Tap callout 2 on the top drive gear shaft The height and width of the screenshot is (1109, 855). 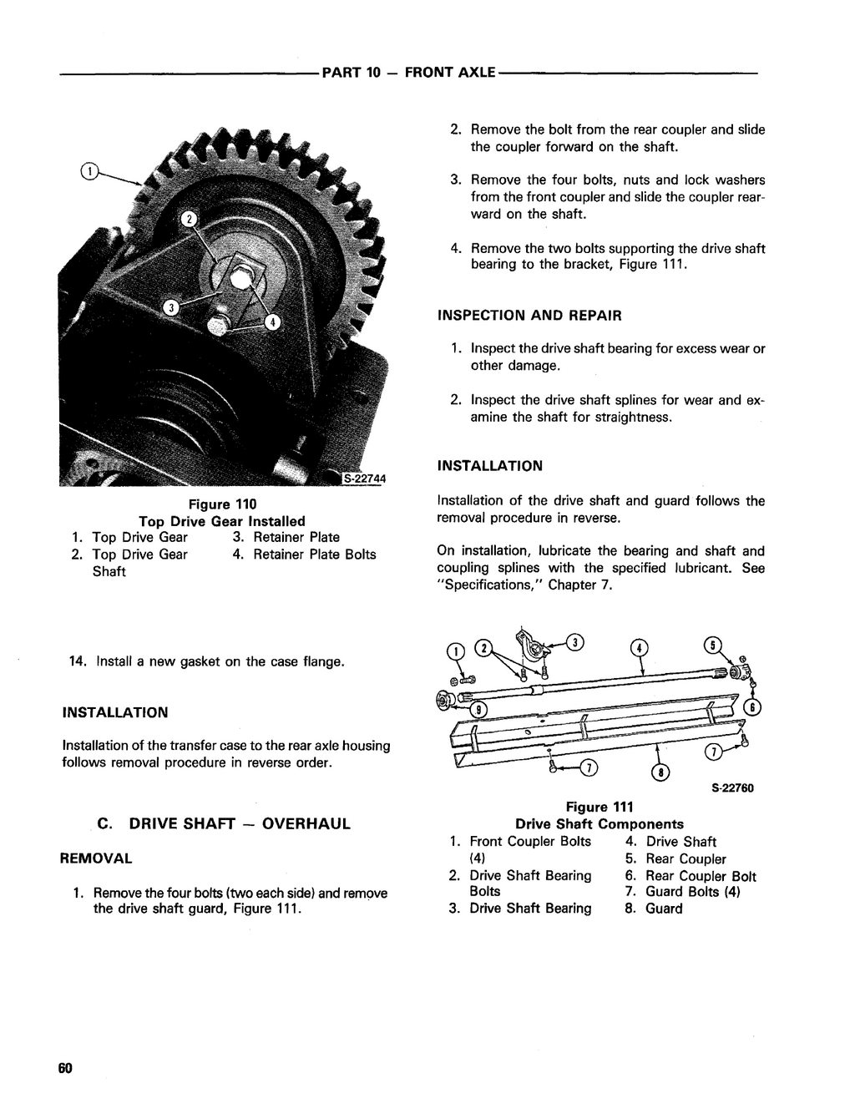pos(190,220)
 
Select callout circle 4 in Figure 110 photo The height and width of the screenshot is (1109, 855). pos(273,323)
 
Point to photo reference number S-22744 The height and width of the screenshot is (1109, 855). pos(362,478)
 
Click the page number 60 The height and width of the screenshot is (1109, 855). pos(67,1069)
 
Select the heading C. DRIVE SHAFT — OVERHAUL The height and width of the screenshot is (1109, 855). pos(224,824)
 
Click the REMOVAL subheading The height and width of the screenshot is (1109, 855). pos(97,858)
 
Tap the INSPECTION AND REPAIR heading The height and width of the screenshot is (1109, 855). pos(529,316)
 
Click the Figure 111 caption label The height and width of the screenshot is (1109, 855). pos(600,807)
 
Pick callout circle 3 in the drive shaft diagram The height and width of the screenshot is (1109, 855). pos(575,642)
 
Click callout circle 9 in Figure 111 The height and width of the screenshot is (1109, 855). pos(479,710)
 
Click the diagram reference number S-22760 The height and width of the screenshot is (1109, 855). pos(733,787)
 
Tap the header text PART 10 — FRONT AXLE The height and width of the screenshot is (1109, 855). pos(409,73)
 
